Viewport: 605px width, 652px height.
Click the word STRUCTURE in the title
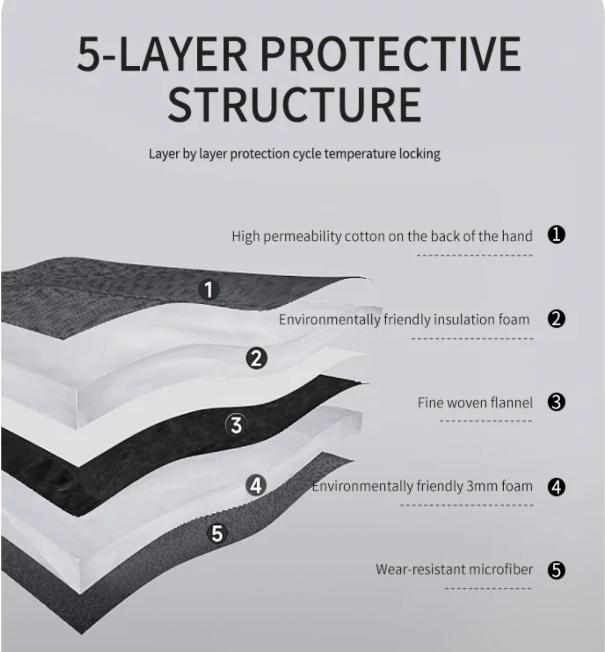pyautogui.click(x=294, y=104)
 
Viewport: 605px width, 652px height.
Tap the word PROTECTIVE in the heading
pyautogui.click(x=391, y=54)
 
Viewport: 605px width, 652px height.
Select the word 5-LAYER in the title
pyautogui.click(x=162, y=54)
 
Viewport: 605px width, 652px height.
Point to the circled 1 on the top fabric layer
pyautogui.click(x=209, y=290)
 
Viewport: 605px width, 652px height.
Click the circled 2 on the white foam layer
pyautogui.click(x=256, y=358)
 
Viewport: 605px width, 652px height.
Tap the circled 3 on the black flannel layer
pyautogui.click(x=236, y=425)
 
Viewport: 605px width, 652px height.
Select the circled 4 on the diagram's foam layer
pyautogui.click(x=256, y=485)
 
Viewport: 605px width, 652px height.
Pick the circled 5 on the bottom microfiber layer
pyautogui.click(x=217, y=533)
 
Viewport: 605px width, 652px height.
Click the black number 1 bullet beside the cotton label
pyautogui.click(x=556, y=235)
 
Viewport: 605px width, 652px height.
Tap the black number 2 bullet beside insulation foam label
pyautogui.click(x=556, y=319)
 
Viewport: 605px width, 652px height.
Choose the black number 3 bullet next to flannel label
pyautogui.click(x=556, y=402)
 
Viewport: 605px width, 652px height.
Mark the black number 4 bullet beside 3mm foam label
pyautogui.click(x=556, y=487)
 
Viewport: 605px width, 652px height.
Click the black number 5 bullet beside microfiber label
pyautogui.click(x=556, y=570)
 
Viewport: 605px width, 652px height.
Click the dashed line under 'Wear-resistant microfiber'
pyautogui.click(x=488, y=588)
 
